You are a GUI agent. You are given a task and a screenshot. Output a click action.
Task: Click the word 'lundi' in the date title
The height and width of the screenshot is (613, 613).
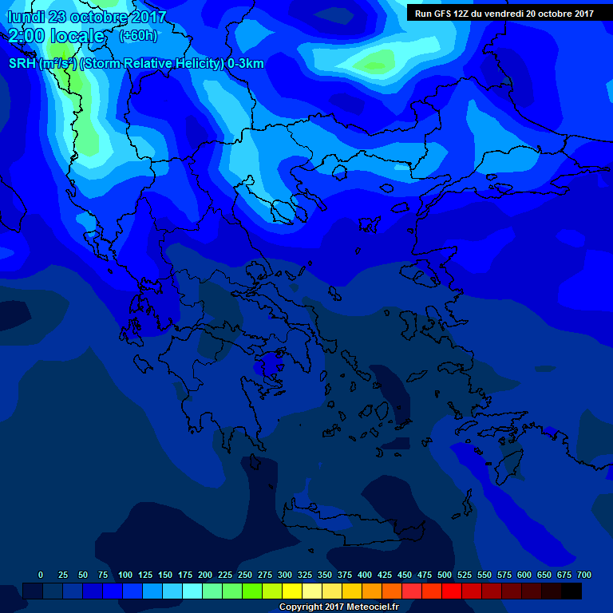(x=27, y=17)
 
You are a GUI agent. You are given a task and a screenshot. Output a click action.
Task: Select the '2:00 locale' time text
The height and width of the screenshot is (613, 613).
(x=56, y=36)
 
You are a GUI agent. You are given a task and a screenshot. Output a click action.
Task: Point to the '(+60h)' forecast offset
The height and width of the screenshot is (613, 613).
(x=138, y=35)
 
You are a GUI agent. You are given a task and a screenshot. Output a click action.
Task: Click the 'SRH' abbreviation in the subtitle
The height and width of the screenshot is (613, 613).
(x=22, y=64)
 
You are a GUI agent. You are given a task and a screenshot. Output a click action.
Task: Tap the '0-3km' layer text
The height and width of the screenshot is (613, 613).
(x=245, y=64)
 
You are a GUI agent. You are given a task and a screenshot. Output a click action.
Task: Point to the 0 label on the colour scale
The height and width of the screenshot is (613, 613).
(x=41, y=575)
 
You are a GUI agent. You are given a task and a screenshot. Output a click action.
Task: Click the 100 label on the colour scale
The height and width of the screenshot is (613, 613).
(x=125, y=575)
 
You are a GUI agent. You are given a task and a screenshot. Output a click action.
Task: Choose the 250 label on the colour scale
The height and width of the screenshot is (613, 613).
(x=245, y=575)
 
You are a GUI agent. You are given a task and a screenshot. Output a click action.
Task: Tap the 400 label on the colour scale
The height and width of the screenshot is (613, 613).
(x=365, y=575)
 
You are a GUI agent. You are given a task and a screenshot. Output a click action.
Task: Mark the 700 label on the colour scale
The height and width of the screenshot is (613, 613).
(x=584, y=575)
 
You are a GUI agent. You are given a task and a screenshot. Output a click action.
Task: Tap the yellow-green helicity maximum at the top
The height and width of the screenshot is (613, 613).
(x=375, y=61)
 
